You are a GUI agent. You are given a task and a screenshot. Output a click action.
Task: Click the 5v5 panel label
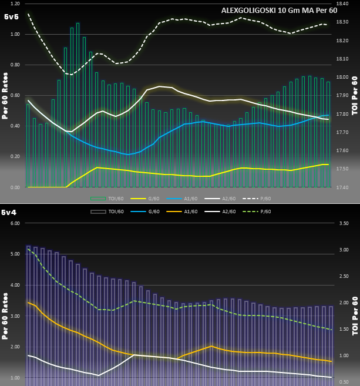[11, 17]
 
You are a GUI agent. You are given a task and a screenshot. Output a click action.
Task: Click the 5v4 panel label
[9, 212]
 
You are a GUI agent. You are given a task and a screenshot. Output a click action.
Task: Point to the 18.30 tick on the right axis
[343, 22]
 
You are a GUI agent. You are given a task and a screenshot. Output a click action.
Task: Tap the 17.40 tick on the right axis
[343, 187]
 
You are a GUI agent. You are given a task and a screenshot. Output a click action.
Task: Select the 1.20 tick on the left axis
[15, 4]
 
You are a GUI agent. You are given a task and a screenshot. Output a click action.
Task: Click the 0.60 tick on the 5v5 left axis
[15, 96]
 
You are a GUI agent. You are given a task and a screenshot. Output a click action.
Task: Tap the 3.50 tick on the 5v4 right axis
[344, 223]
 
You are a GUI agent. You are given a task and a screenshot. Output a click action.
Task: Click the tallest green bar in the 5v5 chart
[78, 106]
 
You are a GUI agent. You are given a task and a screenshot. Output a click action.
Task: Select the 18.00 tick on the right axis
[343, 77]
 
